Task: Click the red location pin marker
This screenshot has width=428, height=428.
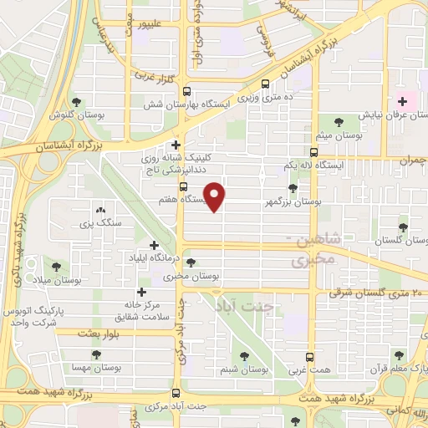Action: pyautogui.click(x=216, y=196)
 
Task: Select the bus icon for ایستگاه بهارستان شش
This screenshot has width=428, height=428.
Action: pyautogui.click(x=186, y=91)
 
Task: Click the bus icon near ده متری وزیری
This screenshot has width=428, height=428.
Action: pyautogui.click(x=266, y=84)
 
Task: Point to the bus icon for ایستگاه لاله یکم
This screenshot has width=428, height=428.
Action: pyautogui.click(x=313, y=152)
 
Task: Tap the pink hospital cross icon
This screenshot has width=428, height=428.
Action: pyautogui.click(x=402, y=100)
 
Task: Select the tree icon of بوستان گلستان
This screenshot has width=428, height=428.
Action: pyautogui.click(x=404, y=226)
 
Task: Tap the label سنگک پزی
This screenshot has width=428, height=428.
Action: pyautogui.click(x=100, y=222)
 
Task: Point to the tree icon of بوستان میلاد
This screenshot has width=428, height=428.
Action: pyautogui.click(x=56, y=267)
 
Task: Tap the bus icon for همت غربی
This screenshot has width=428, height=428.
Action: pyautogui.click(x=310, y=356)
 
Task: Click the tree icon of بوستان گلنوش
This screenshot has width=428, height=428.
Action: pyautogui.click(x=77, y=101)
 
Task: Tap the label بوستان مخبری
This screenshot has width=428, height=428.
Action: pyautogui.click(x=191, y=275)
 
